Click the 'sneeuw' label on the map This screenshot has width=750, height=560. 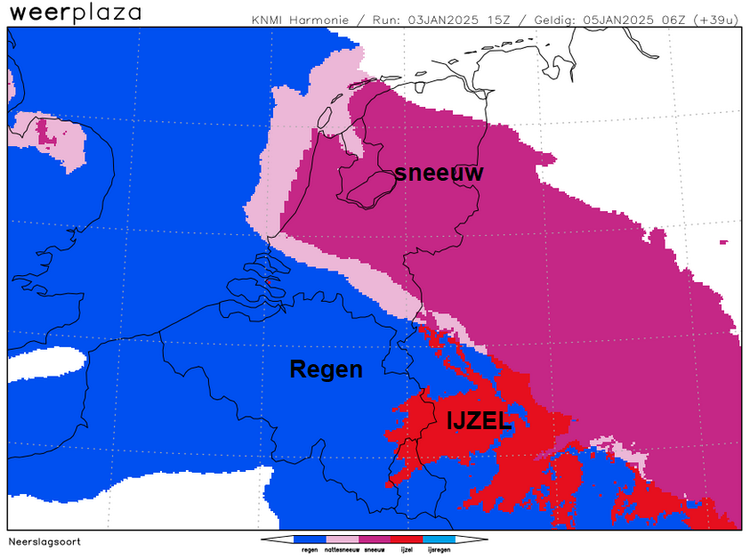[439, 173]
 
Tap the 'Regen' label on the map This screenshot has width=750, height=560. [326, 369]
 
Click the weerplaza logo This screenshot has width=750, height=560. [75, 13]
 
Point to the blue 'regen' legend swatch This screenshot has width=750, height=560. [310, 540]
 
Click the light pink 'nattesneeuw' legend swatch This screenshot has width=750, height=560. [342, 540]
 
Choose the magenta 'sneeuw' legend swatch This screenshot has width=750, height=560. [374, 540]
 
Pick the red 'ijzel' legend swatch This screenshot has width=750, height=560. [407, 540]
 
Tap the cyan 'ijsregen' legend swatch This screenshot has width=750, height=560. [439, 540]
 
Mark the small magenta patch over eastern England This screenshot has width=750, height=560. [42, 133]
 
